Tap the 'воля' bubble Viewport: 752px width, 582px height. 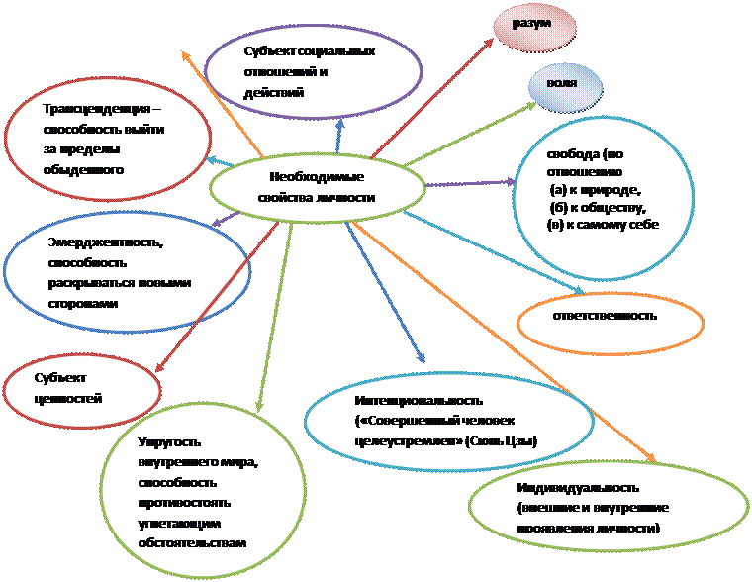pyautogui.click(x=561, y=82)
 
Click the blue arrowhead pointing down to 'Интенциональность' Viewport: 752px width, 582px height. pyautogui.click(x=423, y=360)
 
